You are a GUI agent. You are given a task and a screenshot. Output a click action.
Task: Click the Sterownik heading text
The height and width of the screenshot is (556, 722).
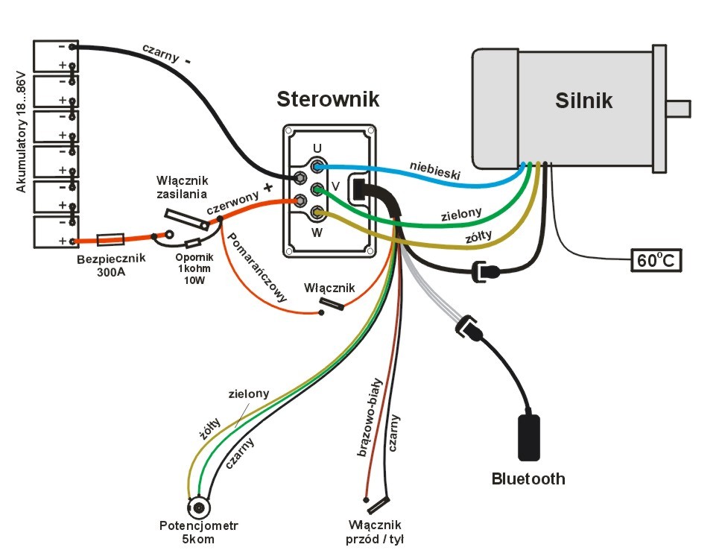[328, 99]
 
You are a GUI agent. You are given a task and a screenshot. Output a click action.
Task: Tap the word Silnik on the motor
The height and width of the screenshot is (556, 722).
[583, 101]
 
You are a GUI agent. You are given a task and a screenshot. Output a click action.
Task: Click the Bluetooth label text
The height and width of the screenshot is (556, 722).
[528, 478]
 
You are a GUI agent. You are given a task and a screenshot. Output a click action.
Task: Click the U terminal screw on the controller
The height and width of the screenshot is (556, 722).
[318, 165]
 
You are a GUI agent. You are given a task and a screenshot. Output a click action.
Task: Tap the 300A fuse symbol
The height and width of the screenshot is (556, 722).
[111, 239]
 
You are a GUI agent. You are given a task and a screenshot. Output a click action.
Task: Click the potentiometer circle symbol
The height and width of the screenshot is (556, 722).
[200, 509]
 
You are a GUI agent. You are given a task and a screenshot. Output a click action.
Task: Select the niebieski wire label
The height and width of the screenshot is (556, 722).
[434, 169]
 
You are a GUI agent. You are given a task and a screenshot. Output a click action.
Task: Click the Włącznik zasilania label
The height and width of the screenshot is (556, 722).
[183, 188]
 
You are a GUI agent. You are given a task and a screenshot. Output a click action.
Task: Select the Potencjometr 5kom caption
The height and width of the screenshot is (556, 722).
[197, 531]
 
